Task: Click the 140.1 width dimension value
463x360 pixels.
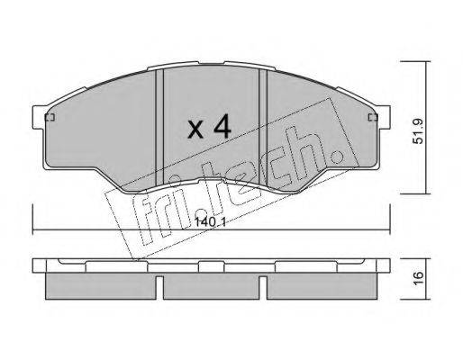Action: [210, 222]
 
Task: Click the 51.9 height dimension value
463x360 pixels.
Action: [418, 131]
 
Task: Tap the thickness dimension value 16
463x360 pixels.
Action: [418, 277]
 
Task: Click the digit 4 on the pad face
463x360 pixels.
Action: [222, 127]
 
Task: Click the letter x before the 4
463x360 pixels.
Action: [195, 130]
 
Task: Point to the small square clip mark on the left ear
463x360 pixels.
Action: [50, 117]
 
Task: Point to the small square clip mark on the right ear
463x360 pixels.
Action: [373, 117]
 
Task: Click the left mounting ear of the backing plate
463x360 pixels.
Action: [39, 117]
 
